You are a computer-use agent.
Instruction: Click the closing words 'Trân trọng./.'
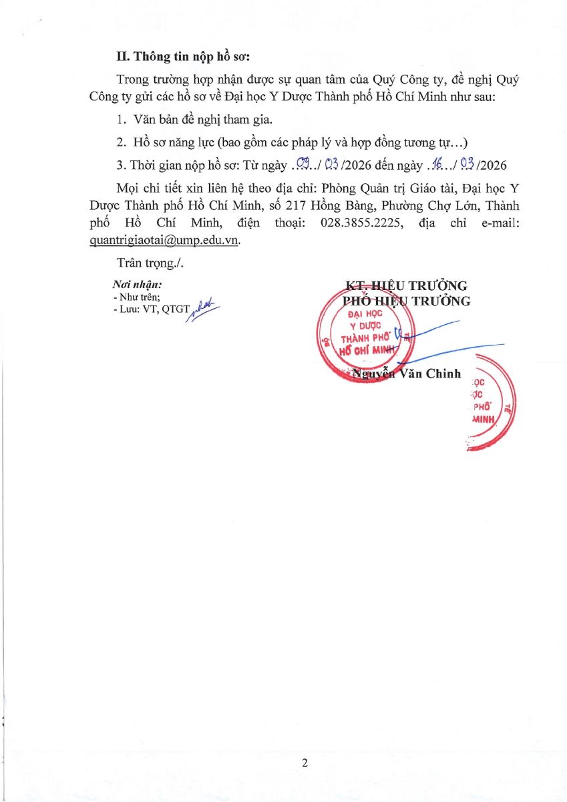tap(148, 263)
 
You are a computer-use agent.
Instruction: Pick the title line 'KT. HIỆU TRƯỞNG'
tap(405, 286)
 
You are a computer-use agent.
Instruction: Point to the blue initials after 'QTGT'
tap(204, 309)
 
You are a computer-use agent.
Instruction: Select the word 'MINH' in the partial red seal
tap(484, 418)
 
